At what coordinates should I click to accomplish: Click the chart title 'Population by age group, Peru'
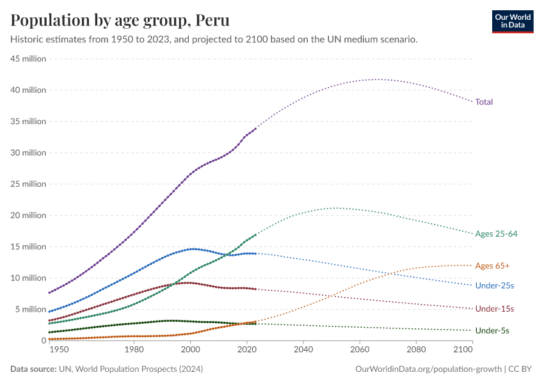[120, 20]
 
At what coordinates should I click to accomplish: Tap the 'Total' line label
[484, 102]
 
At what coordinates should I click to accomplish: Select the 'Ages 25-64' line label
[496, 234]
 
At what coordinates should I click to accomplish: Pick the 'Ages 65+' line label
[492, 266]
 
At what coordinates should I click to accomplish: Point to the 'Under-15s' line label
[495, 309]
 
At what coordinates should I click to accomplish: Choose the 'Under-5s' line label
[493, 331]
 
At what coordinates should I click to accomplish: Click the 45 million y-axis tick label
[28, 59]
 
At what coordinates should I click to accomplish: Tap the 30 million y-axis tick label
[28, 153]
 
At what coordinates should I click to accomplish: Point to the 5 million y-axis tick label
[30, 309]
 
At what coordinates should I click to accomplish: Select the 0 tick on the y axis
[44, 340]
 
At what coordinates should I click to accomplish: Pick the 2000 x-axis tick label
[190, 351]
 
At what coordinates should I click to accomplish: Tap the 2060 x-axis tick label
[360, 351]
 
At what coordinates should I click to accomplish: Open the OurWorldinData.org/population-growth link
[428, 369]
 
